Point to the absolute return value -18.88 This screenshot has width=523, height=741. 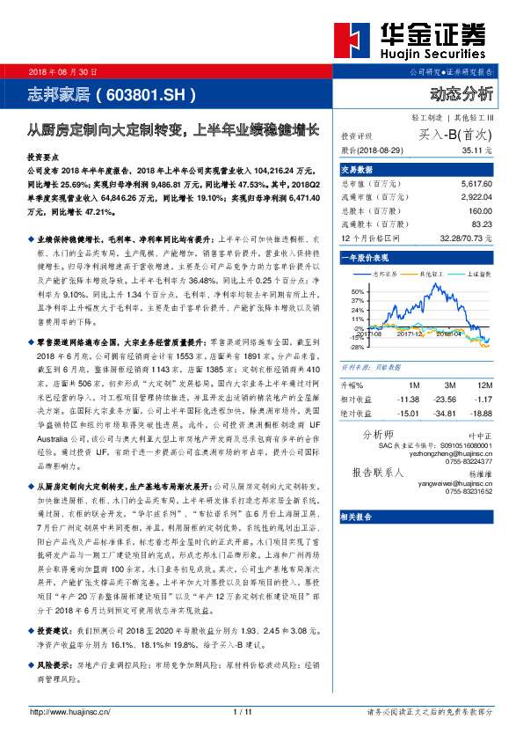(482, 412)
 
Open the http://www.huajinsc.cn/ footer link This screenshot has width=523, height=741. (70, 711)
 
